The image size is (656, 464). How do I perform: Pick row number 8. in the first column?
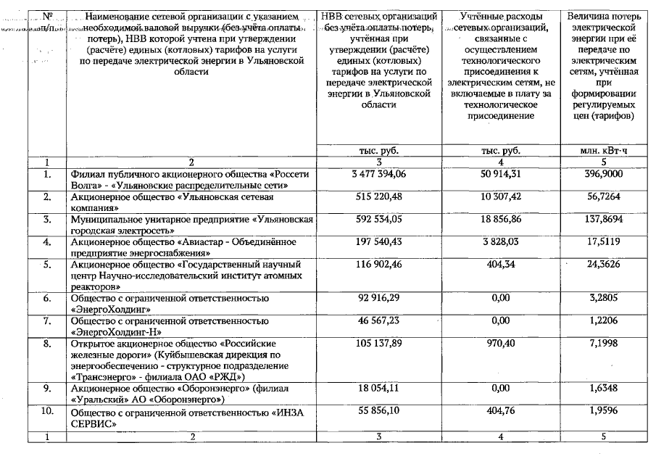point(46,342)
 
